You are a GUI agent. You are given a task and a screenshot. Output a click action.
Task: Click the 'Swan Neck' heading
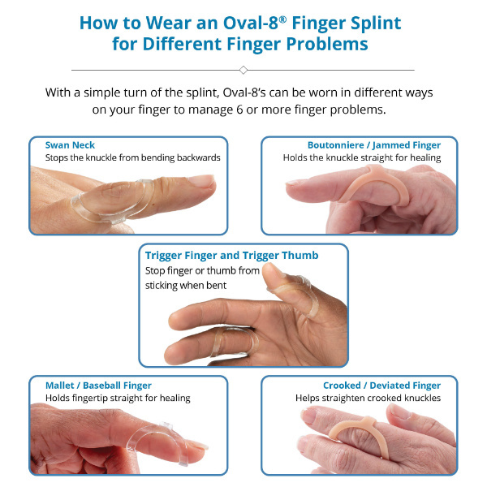click(x=70, y=145)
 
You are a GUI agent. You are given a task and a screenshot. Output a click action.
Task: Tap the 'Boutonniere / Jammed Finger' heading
click(x=374, y=145)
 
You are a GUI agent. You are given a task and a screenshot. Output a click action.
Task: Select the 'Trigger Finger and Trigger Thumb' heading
click(x=231, y=255)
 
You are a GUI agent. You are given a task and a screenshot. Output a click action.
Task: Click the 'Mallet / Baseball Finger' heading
click(x=97, y=386)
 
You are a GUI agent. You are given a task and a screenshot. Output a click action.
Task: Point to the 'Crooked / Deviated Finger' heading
click(x=381, y=386)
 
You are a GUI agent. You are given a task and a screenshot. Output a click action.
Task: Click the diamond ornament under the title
click(x=243, y=70)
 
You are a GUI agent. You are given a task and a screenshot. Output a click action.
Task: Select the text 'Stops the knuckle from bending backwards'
click(x=133, y=157)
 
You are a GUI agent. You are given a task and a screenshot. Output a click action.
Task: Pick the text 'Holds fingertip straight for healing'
click(x=118, y=398)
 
